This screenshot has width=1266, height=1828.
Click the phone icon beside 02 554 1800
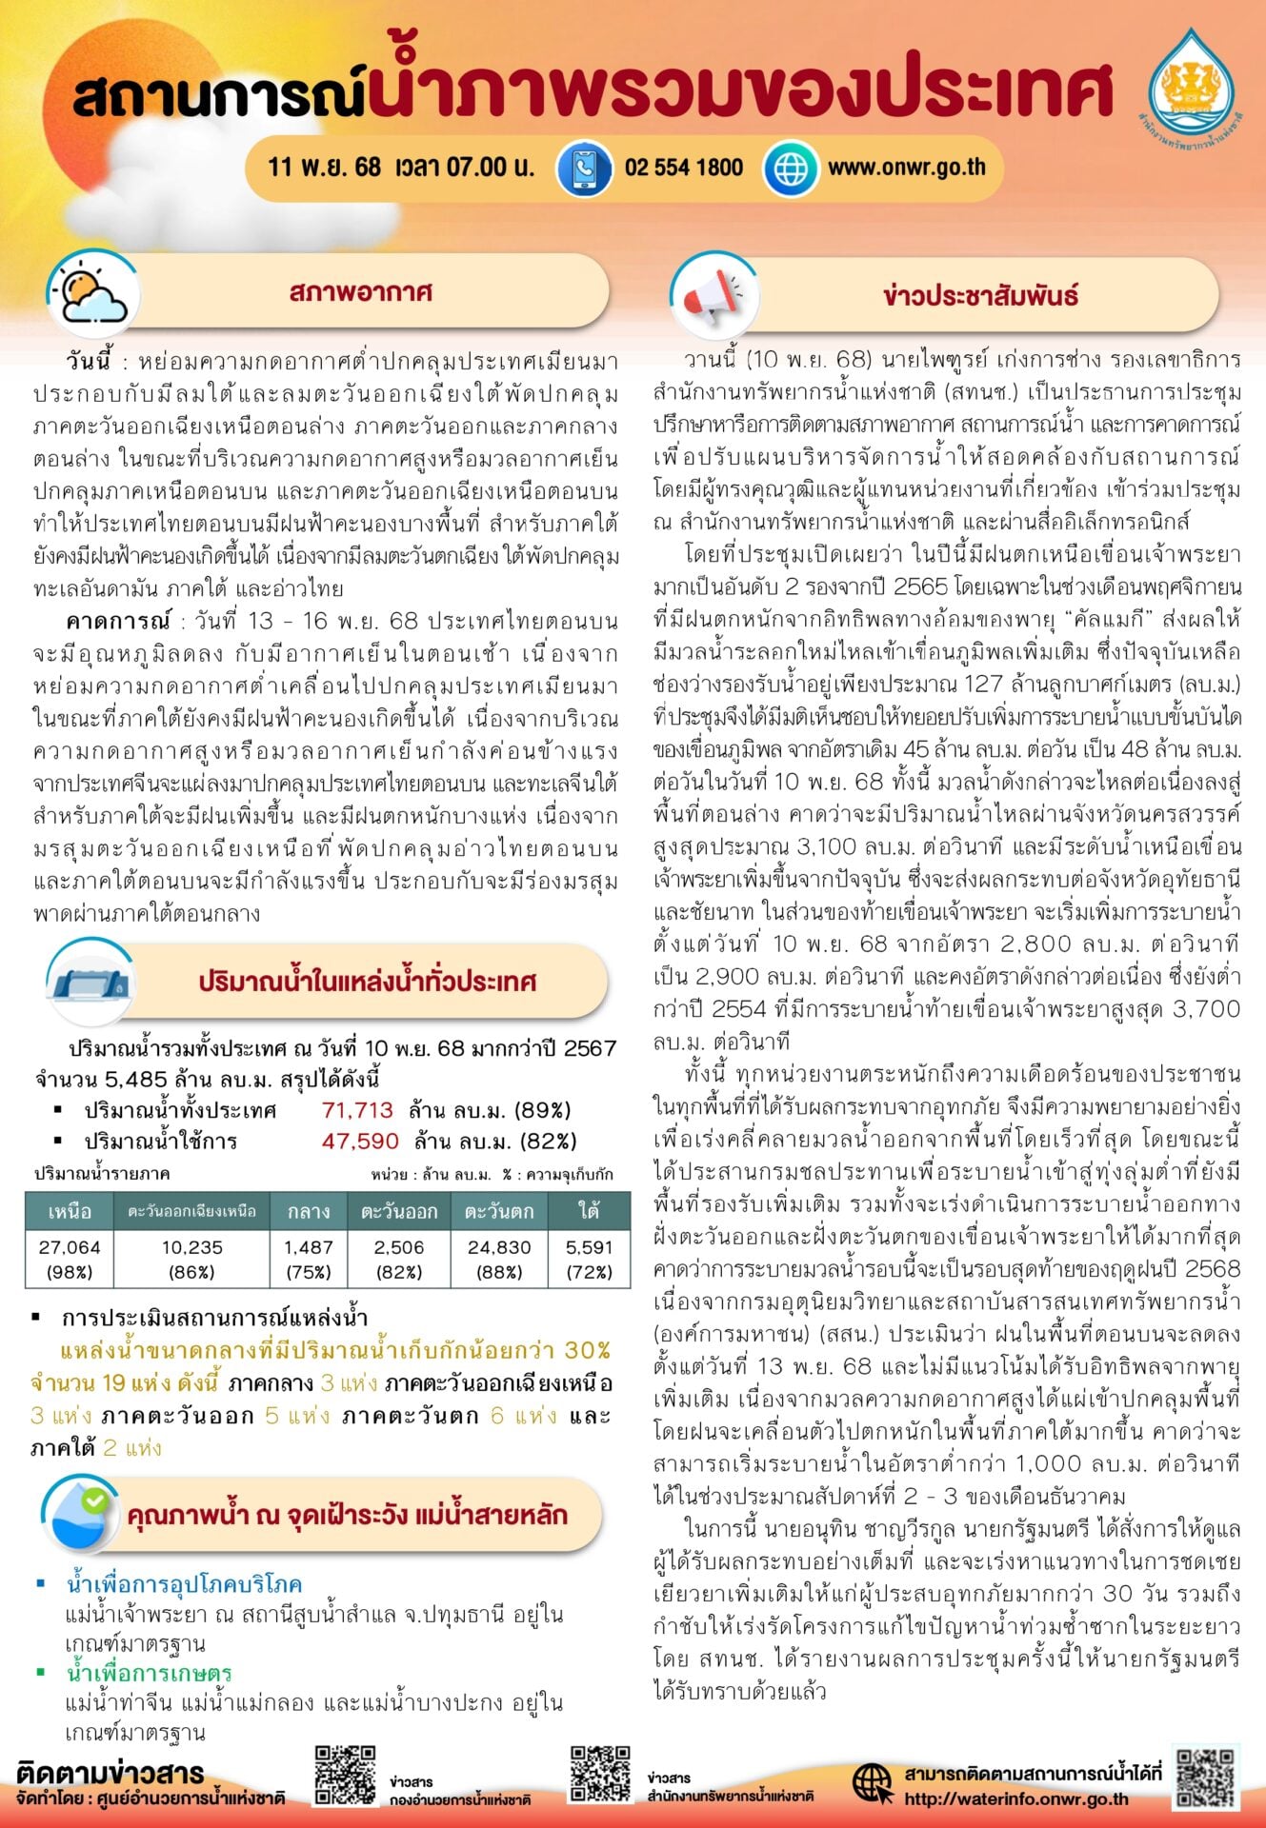(584, 169)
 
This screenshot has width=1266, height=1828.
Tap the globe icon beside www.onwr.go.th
(790, 169)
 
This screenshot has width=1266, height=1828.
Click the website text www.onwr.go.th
(906, 168)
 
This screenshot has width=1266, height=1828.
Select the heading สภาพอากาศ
(360, 291)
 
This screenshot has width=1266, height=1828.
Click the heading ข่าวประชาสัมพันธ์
(980, 295)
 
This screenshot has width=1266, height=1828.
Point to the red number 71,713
(357, 1110)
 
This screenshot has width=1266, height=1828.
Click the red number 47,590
(360, 1141)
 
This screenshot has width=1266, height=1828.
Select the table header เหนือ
(70, 1211)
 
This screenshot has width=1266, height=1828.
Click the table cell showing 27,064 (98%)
(70, 1259)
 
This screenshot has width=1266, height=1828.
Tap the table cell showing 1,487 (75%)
(309, 1259)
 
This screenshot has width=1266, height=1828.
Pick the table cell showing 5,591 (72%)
(589, 1259)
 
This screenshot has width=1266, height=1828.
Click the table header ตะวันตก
(499, 1211)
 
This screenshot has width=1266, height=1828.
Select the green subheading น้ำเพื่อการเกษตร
(149, 1672)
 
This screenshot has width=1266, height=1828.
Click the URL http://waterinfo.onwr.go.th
(1015, 1798)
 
